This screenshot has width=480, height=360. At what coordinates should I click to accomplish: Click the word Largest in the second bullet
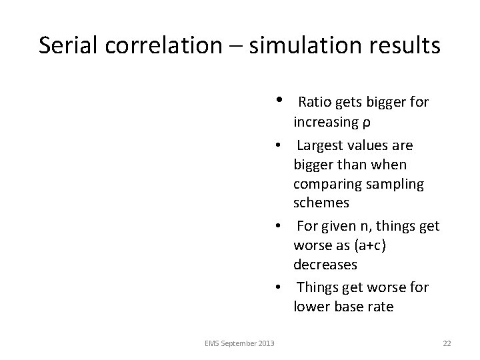tap(321, 145)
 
